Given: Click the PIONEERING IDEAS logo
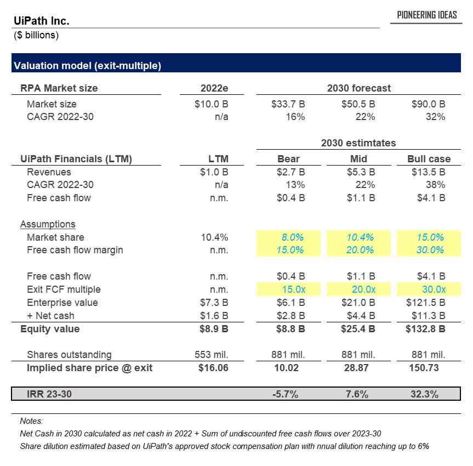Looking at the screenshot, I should pos(427,15).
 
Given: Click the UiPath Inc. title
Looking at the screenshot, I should pos(41,21).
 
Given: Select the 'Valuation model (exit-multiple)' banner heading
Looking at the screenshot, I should pos(87,66).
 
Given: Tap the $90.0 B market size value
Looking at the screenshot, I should pos(429,104).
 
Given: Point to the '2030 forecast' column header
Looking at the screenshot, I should pos(358,88).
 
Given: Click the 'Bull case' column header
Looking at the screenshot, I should pos(429,159).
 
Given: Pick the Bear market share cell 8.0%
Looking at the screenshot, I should pos(292,237).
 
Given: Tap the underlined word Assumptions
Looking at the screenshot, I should pos(48,224).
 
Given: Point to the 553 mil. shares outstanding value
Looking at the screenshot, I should pos(212,355).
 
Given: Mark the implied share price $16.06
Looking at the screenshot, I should pos(213,368).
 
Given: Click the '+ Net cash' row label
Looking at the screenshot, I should pos(50,316).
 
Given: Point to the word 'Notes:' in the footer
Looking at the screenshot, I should pos(31,421).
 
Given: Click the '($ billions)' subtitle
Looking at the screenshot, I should pos(36,36).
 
